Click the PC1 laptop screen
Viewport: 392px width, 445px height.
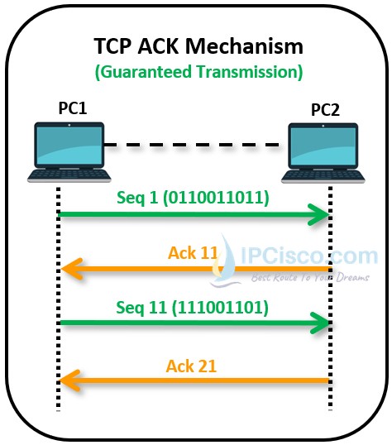click(69, 146)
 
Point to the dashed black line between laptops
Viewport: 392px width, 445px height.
click(194, 146)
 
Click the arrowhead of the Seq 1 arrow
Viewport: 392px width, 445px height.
click(321, 215)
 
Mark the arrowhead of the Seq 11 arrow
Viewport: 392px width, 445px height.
click(321, 323)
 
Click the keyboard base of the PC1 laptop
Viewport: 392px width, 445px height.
click(69, 175)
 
